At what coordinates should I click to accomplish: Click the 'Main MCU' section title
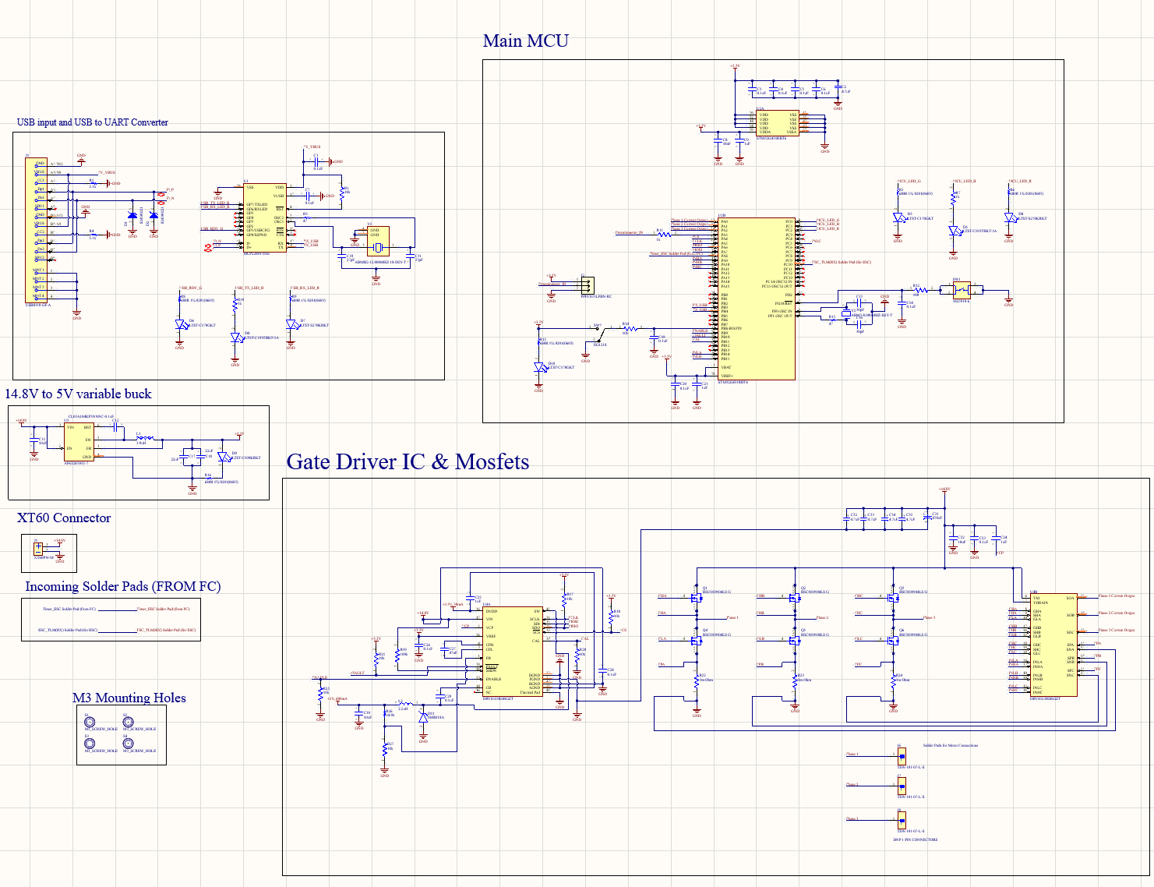coord(525,41)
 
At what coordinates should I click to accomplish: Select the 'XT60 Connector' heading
coord(64,518)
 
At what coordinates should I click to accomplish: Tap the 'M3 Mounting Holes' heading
coord(129,698)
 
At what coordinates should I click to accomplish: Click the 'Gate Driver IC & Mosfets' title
coord(408,462)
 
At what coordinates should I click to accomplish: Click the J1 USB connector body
coord(36,231)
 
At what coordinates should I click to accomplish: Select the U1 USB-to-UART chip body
coord(264,217)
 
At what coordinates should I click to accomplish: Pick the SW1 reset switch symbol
coord(962,288)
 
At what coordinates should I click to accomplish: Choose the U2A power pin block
coord(777,123)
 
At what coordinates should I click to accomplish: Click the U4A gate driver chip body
coord(512,652)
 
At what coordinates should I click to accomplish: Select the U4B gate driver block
coord(1053,644)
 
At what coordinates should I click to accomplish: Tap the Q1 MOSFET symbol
coord(697,598)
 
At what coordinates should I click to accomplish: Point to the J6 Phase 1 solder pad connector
coord(902,755)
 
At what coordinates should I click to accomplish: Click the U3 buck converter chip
coord(79,441)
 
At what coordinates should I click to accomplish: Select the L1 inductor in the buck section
coord(143,439)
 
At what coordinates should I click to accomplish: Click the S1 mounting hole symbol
coord(90,722)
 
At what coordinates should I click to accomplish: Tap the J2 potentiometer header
coord(587,285)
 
